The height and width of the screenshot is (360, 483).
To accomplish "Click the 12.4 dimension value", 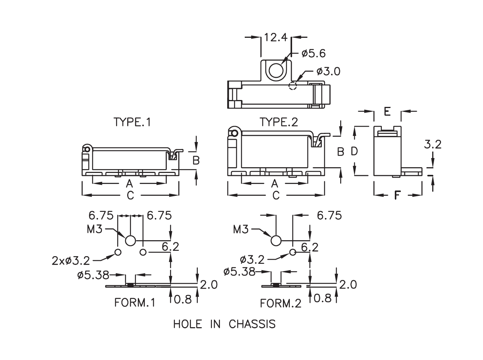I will pyautogui.click(x=276, y=37).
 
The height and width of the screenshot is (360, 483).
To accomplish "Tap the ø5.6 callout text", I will pyautogui.click(x=313, y=53).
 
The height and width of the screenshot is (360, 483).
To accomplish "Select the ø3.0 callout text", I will pyautogui.click(x=328, y=71).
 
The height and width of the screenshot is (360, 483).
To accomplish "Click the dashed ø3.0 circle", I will pyautogui.click(x=292, y=86).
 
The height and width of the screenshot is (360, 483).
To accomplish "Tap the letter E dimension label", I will pyautogui.click(x=387, y=111).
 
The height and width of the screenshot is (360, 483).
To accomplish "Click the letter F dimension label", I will pyautogui.click(x=397, y=195).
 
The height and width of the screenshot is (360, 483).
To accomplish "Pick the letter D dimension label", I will pyautogui.click(x=354, y=152).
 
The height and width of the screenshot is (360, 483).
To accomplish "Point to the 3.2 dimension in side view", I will pyautogui.click(x=433, y=144).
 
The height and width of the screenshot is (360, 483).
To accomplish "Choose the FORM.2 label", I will pyautogui.click(x=281, y=303).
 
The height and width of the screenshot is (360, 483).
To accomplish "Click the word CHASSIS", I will pyautogui.click(x=252, y=324).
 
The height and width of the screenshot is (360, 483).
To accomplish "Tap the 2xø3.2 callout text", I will pyautogui.click(x=71, y=261).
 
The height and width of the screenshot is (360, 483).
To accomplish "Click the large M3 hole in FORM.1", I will pyautogui.click(x=130, y=241).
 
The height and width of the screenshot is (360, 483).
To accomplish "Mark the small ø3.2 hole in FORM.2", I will pyautogui.click(x=292, y=252).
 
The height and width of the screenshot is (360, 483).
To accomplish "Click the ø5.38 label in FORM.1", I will pyautogui.click(x=93, y=274).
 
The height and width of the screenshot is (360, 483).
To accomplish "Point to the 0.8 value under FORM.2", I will pyautogui.click(x=322, y=299).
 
